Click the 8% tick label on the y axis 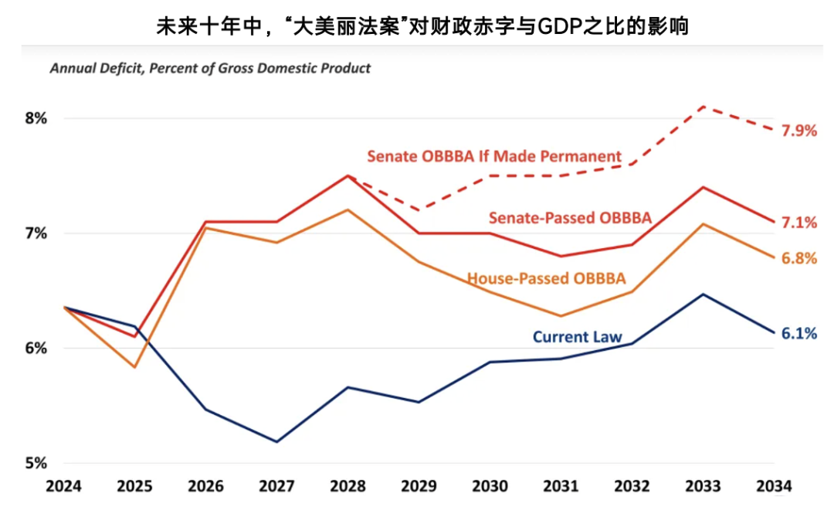36,118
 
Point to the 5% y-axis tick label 36,463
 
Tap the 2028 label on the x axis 347,486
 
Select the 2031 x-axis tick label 561,486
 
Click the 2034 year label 774,486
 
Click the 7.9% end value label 799,131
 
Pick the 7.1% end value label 799,223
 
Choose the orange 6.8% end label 799,259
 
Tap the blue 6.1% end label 799,334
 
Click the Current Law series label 577,337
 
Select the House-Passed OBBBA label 546,278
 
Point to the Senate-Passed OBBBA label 570,217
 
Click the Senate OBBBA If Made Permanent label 494,156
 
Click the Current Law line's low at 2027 277,442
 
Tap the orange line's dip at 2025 135,367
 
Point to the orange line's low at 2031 561,316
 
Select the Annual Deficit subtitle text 210,68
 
